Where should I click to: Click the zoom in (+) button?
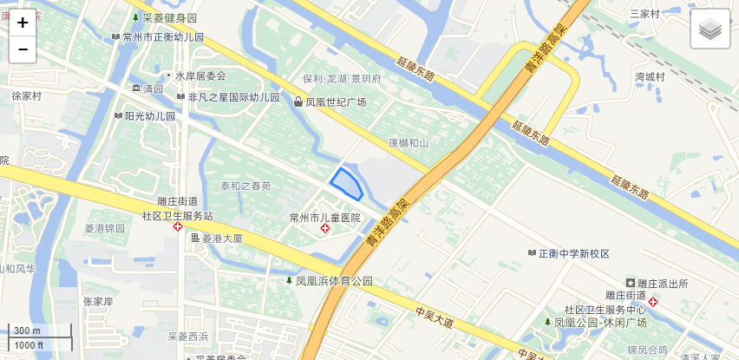pyautogui.click(x=23, y=23)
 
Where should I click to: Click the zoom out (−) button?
pyautogui.click(x=23, y=49)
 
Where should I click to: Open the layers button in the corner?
pyautogui.click(x=710, y=29)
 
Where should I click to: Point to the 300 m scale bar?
pyautogui.click(x=27, y=331)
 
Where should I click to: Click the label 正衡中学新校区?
pyautogui.click(x=574, y=253)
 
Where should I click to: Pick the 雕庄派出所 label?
pyautogui.click(x=663, y=283)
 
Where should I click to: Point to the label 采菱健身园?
pyautogui.click(x=170, y=17)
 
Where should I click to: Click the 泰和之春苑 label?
pyautogui.click(x=245, y=186)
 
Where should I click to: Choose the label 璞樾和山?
pyautogui.click(x=408, y=143)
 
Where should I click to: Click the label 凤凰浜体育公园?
pyautogui.click(x=334, y=281)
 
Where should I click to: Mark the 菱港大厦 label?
pyautogui.click(x=222, y=238)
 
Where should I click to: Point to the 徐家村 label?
pyautogui.click(x=26, y=96)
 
